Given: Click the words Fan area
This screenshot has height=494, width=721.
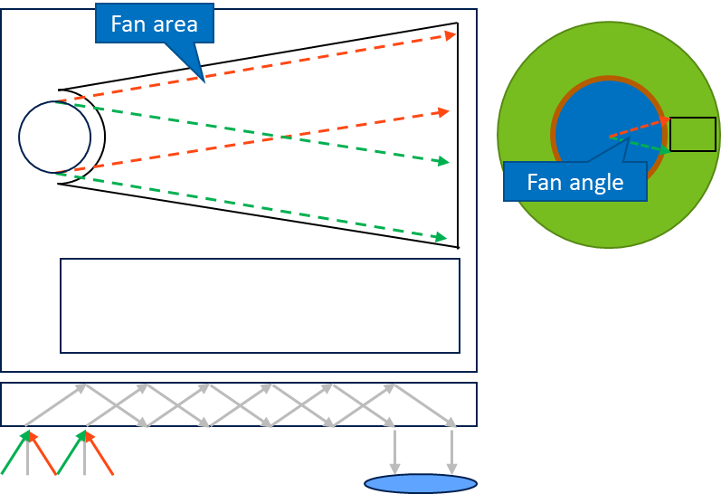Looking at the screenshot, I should coord(154,24).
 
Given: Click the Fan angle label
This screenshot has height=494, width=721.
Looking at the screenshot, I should coord(574,182).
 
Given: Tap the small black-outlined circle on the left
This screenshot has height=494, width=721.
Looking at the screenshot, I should coord(54,137).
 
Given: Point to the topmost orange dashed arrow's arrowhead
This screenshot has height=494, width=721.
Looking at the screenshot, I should coord(451,35).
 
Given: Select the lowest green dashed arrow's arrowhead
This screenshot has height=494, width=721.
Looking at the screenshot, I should coord(441,237).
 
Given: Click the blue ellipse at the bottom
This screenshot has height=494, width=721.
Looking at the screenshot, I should coord(420,483).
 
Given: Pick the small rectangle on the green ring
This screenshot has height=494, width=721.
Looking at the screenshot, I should coord(692,135).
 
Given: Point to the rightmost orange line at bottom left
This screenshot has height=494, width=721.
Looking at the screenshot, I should coord(101,456).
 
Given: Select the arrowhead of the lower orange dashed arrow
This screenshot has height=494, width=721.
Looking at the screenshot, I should coord(443,111).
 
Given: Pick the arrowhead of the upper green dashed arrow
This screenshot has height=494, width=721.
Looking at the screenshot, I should coord(443,162).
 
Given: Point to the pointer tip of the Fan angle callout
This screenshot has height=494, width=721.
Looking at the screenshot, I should coord(627,139).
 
